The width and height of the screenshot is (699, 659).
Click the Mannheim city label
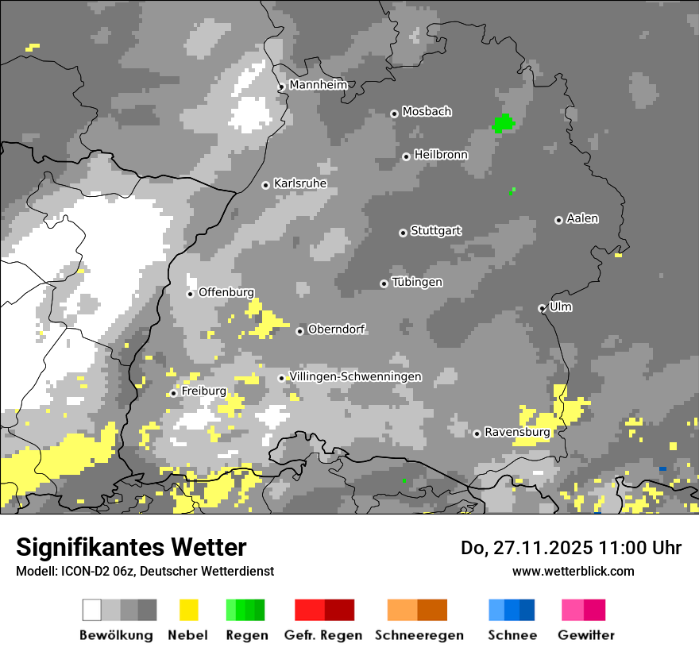tap(318, 85)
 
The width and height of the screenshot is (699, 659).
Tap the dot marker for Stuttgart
tap(403, 233)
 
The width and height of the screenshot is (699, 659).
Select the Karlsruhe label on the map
tap(300, 183)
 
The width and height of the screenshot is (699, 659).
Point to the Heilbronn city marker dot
tap(406, 156)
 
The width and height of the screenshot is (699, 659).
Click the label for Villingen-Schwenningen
tap(355, 376)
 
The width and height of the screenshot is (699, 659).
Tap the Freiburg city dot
tap(173, 393)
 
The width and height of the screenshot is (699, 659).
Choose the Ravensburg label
tap(517, 432)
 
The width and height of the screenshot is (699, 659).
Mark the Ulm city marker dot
tap(542, 308)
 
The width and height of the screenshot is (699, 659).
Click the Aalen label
tap(582, 218)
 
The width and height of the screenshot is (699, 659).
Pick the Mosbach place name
tap(427, 112)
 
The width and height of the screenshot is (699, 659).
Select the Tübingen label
tap(417, 283)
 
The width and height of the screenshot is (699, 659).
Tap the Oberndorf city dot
tap(299, 331)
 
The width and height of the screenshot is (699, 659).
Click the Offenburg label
tap(226, 292)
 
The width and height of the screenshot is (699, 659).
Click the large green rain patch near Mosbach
tap(504, 123)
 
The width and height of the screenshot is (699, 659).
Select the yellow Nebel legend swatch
tap(189, 610)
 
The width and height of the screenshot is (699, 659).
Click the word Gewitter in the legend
tap(586, 635)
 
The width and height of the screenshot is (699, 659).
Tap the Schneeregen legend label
tap(419, 635)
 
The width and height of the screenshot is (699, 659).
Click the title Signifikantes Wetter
tap(131, 547)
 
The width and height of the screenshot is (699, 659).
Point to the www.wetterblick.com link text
tap(573, 571)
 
